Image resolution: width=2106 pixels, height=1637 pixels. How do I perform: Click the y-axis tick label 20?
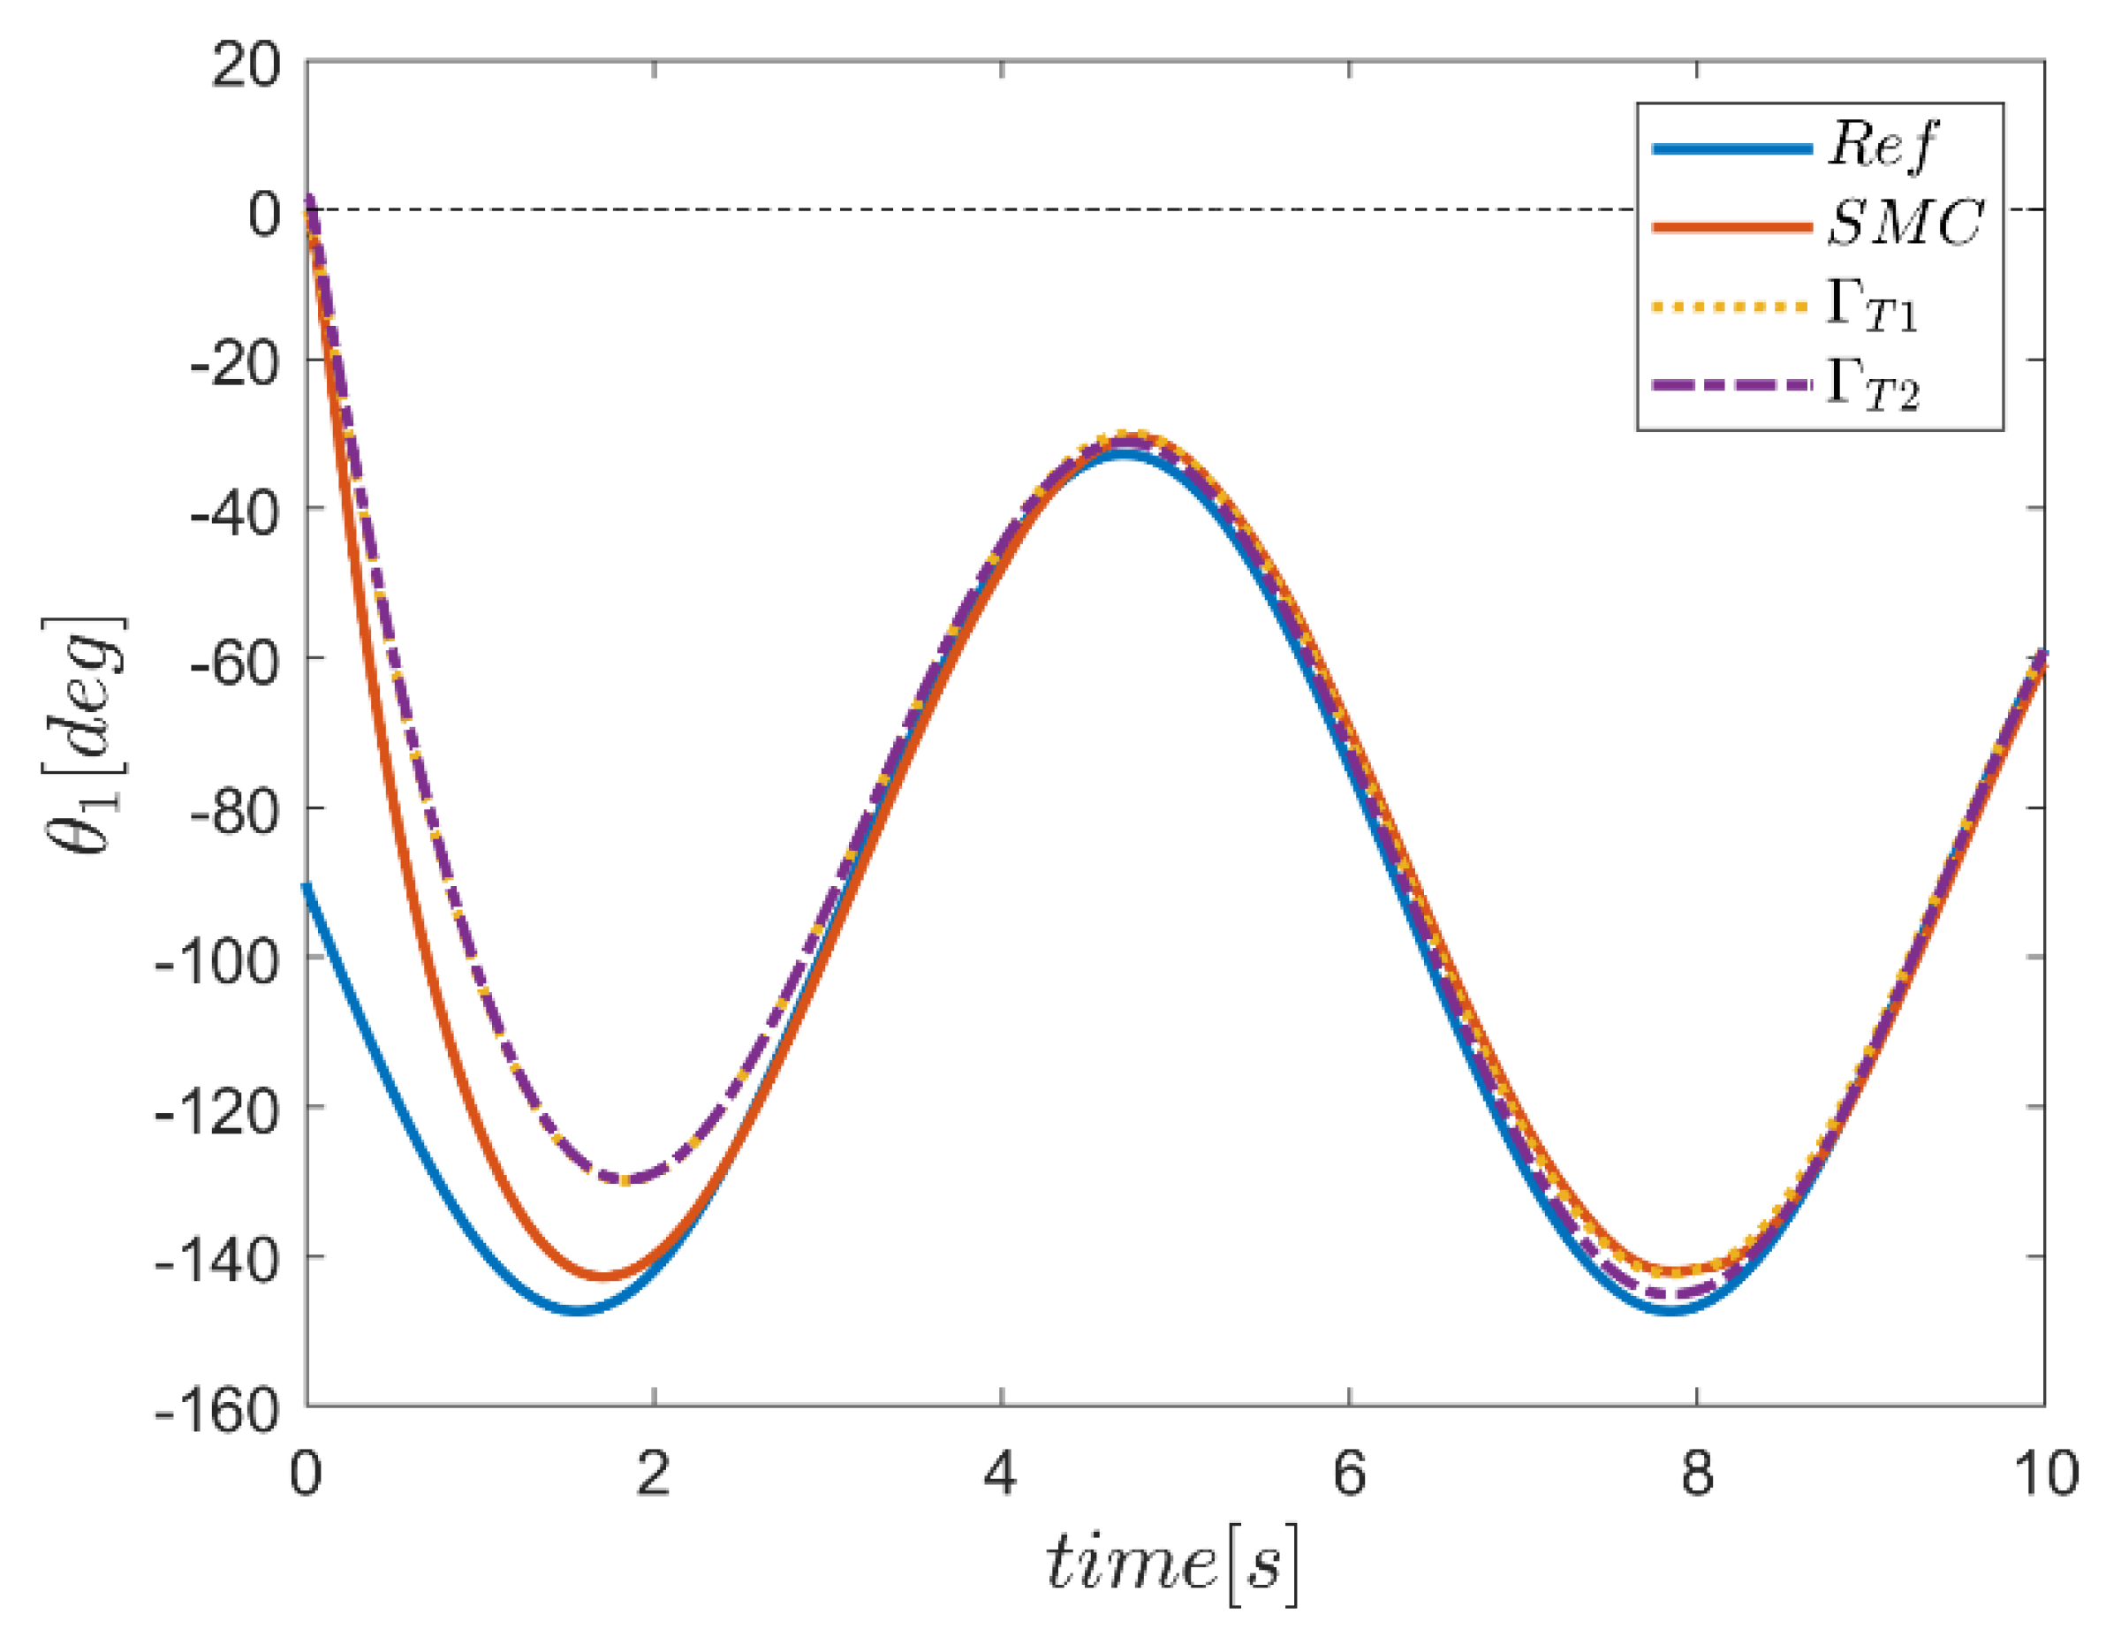pos(246,67)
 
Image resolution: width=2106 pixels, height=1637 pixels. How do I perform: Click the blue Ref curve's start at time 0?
pos(307,885)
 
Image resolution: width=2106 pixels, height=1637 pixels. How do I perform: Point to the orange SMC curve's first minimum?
pos(603,1277)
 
